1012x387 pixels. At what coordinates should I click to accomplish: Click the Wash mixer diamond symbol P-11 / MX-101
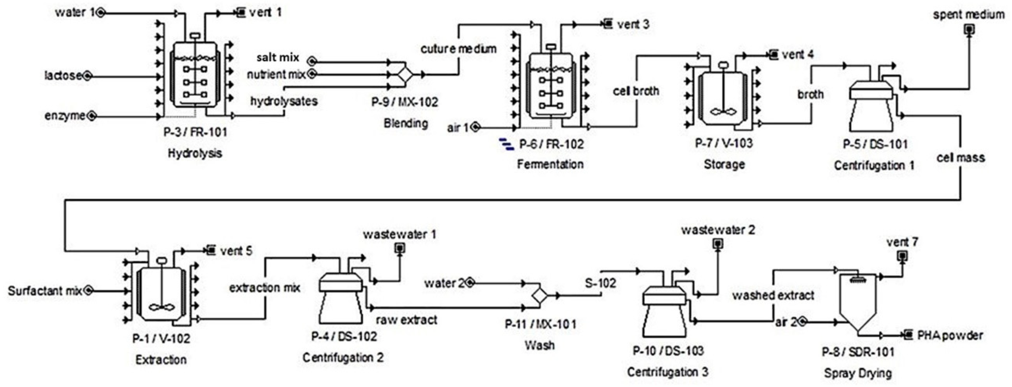coord(540,296)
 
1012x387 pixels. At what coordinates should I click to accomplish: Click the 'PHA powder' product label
coord(950,336)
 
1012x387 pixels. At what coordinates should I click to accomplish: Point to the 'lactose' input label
coord(63,75)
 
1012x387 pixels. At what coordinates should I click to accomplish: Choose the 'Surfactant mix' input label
coord(45,291)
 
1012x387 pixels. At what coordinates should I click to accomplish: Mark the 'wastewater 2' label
coord(718,230)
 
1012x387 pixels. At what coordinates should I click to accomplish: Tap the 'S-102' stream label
coord(600,283)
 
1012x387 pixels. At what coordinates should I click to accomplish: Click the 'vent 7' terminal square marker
coord(902,256)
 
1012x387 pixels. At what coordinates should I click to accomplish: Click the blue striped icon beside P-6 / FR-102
coord(506,144)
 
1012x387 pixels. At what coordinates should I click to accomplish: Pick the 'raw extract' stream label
coord(407,320)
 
